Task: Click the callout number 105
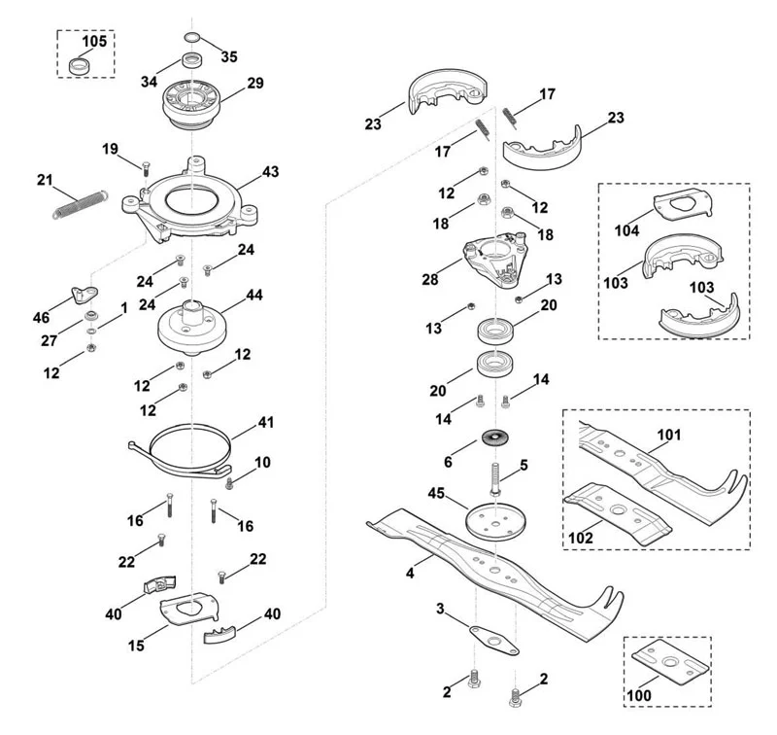[x=94, y=41]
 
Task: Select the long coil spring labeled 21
[x=80, y=204]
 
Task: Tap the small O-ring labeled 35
[x=191, y=37]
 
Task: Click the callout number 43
[x=271, y=172]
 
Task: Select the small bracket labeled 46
[x=84, y=295]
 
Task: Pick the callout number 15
[x=136, y=646]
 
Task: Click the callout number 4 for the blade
[x=410, y=574]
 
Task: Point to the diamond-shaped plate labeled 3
[x=493, y=641]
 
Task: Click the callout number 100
[x=639, y=695]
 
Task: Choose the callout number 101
[x=669, y=435]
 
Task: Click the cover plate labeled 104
[x=684, y=204]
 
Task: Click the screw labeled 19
[x=146, y=168]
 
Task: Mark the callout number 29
[x=255, y=83]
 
